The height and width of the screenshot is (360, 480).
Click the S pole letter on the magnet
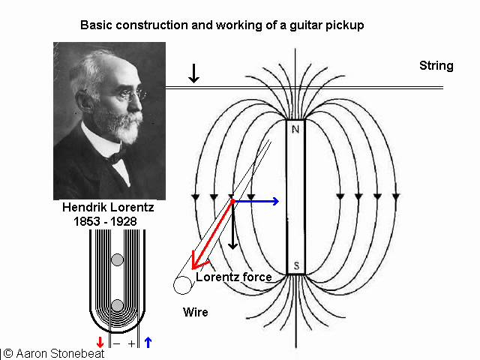point(295,266)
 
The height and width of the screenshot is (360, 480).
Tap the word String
point(436,66)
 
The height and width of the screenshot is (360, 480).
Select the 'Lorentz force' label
point(233,277)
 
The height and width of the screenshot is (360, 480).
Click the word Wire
point(195,312)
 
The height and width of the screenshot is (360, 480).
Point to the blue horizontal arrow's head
point(275,201)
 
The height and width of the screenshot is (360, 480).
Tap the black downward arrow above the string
point(194,73)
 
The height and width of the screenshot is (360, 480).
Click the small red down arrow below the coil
point(100,343)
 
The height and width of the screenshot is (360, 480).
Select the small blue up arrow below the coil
point(148,343)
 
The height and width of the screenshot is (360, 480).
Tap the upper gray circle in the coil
point(117,260)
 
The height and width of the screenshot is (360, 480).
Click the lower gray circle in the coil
point(117,305)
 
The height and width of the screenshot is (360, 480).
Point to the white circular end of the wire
point(181,285)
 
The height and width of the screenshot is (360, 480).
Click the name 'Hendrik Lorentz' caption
point(109,208)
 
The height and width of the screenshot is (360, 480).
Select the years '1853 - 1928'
point(109,222)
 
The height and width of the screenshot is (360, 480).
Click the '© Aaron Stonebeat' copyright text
point(54,353)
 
